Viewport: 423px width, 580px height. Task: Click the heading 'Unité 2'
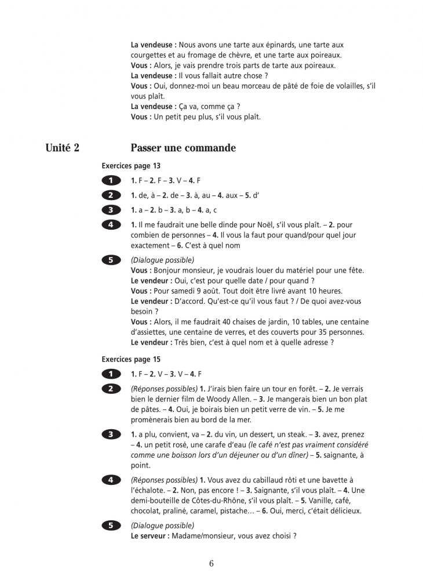click(x=63, y=148)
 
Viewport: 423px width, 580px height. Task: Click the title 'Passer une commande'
click(x=183, y=148)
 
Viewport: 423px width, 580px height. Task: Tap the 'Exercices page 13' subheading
click(x=131, y=165)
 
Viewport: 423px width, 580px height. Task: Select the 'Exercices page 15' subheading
click(x=131, y=359)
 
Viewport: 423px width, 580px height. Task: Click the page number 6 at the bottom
click(x=211, y=563)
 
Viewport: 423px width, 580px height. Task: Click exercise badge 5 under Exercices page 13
click(x=111, y=260)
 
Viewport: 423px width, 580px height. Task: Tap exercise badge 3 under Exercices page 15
click(x=111, y=434)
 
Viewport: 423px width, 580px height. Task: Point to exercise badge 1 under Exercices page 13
click(x=111, y=180)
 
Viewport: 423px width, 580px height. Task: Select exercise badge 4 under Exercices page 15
click(x=111, y=480)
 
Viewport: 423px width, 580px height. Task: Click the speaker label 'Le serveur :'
click(x=150, y=536)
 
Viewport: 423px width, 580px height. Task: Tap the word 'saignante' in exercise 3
click(x=331, y=455)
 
